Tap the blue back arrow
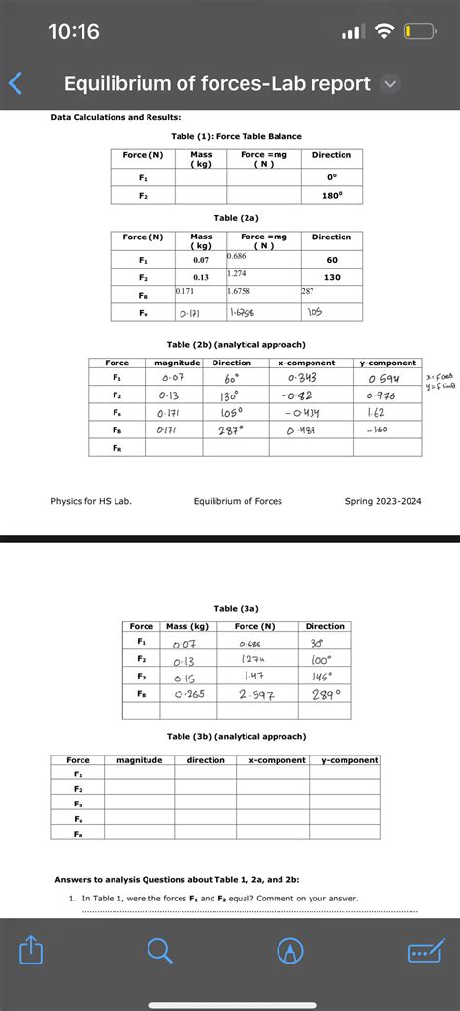[x=14, y=84]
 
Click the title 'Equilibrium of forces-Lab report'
[x=216, y=84]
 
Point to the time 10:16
[x=74, y=32]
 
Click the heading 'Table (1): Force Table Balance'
[x=236, y=136]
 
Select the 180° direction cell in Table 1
[x=331, y=195]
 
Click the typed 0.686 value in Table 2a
[x=238, y=256]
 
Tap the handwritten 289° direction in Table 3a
[x=325, y=694]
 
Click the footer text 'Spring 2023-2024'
[x=383, y=501]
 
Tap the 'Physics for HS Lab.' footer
[x=91, y=501]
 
